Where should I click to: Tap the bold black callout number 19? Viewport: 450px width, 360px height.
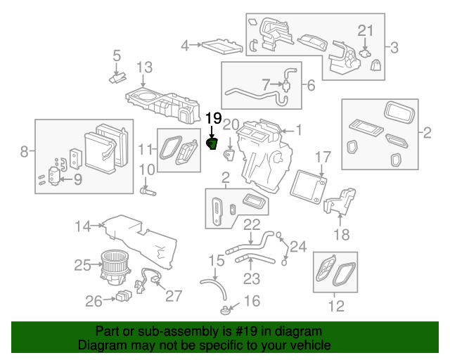213,118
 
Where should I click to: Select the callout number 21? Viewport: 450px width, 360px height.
365,30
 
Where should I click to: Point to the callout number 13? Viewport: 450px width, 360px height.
144,67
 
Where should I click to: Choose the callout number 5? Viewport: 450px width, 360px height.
117,55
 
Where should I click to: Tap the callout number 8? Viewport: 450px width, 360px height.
24,151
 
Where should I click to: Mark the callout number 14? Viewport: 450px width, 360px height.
84,226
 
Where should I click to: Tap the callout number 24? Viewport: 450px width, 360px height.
298,247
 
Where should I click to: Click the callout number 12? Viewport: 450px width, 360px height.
336,306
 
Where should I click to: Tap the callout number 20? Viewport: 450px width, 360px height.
231,124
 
